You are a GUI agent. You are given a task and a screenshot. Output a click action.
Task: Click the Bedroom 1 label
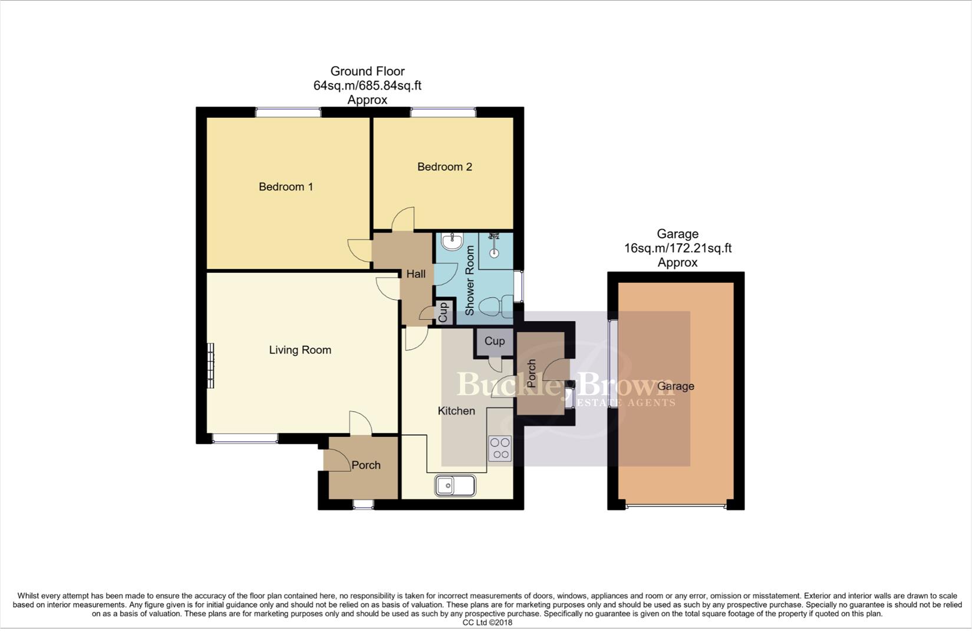point(286,187)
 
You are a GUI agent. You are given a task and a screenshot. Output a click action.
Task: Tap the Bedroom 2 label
point(444,167)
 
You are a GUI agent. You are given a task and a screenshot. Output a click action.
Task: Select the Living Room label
point(300,350)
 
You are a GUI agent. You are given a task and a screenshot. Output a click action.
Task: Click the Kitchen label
point(456,410)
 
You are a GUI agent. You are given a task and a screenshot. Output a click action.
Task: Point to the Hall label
point(416,274)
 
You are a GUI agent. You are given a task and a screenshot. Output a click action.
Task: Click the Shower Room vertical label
point(470,280)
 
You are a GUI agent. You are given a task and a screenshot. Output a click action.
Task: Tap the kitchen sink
point(455,486)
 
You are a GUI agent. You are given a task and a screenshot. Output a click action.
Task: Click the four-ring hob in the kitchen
point(500,448)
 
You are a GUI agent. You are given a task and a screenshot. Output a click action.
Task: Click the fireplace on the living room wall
point(210,365)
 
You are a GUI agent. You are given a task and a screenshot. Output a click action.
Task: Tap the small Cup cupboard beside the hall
point(444,312)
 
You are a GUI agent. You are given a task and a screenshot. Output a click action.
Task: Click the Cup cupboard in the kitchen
point(495,341)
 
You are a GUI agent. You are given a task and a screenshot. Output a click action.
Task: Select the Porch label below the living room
point(366,465)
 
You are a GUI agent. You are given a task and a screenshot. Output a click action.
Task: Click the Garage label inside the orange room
point(676,386)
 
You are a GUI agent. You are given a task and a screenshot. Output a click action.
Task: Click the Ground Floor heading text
point(367,71)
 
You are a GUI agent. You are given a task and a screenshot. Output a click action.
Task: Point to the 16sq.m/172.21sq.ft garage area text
point(677,248)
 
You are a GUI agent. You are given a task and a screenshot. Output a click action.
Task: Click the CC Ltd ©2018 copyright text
point(487,622)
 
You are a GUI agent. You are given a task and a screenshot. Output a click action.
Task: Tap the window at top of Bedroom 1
point(288,112)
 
